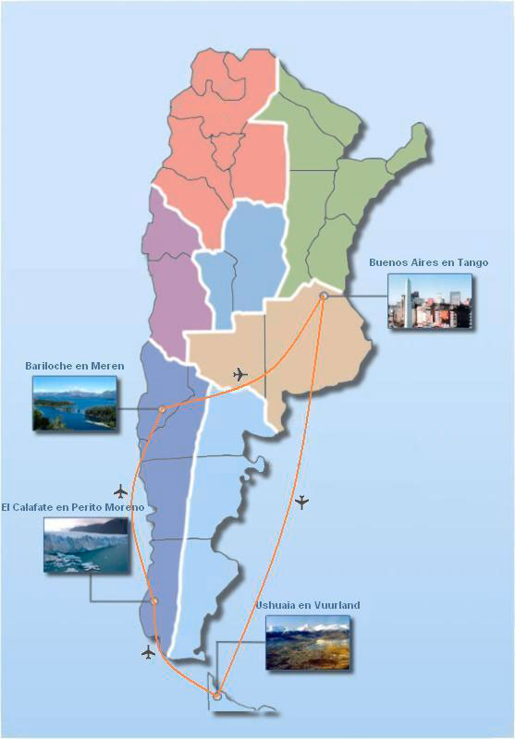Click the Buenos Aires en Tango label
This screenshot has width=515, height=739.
pos(428,262)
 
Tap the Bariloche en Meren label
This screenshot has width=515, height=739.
pos(74,367)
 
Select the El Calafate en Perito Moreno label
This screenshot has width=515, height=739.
pos(72,508)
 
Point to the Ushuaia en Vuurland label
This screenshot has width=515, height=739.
pos(307,605)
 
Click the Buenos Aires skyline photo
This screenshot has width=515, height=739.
pos(430,301)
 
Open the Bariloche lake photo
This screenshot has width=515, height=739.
pos(75,404)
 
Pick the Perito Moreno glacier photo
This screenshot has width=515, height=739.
pos(86,545)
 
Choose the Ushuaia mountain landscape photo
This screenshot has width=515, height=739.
pos(308,642)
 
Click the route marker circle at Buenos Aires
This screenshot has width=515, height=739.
pos(324,297)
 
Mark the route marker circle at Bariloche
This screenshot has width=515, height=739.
pos(162,408)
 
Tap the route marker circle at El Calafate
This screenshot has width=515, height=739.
pos(154,601)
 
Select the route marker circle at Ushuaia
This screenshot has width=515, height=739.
pos(216,695)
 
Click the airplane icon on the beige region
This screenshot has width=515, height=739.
pos(240,374)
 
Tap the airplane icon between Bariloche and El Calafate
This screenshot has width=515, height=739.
pos(120,491)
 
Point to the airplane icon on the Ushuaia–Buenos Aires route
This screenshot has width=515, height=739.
pos(300,503)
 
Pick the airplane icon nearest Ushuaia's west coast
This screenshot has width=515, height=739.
pos(149,652)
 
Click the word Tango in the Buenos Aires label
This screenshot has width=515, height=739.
pos(471,262)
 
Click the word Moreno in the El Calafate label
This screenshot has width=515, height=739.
pos(123,508)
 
